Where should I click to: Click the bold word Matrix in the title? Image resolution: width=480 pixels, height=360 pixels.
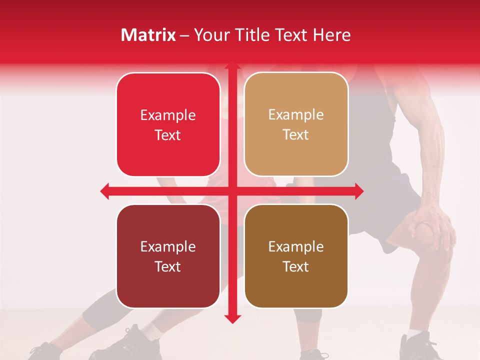click(148, 35)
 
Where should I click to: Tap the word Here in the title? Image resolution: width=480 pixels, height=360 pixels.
click(331, 35)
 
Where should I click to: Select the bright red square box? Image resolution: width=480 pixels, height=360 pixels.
click(168, 124)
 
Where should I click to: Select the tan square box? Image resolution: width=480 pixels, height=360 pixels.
click(296, 124)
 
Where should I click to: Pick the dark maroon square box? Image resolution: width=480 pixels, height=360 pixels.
click(168, 256)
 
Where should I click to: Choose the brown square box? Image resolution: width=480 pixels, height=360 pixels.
click(296, 256)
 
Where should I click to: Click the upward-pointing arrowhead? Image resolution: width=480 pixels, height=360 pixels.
click(232, 66)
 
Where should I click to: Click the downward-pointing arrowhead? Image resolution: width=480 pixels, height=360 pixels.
click(232, 319)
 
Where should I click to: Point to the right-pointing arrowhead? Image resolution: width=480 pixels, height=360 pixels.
click(359, 191)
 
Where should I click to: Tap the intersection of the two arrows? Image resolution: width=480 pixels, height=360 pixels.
click(232, 191)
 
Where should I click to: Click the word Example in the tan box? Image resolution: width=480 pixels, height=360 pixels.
click(296, 115)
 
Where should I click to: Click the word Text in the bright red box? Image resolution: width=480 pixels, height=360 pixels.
click(168, 135)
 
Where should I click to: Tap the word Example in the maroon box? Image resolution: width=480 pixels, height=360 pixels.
click(168, 246)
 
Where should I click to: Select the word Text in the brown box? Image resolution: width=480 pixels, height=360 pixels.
click(296, 267)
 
